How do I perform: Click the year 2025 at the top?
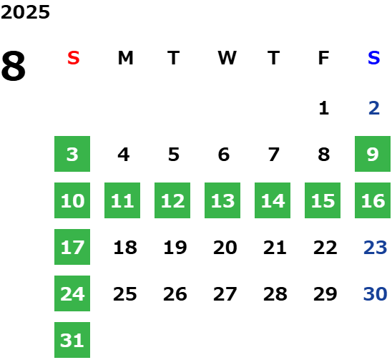[25, 12]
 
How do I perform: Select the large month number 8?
[14, 66]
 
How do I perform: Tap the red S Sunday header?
[74, 58]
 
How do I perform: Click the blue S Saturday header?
[373, 58]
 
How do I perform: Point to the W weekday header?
[227, 58]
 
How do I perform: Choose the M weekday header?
[125, 58]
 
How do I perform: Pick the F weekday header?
[323, 58]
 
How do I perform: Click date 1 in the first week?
[324, 108]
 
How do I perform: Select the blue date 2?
[374, 108]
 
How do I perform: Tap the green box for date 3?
[72, 154]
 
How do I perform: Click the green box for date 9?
[373, 154]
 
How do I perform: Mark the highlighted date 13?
[222, 200]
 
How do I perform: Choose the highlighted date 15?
[323, 200]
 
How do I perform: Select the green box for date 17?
[72, 247]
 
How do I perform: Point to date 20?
[225, 248]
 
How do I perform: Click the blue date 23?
[376, 248]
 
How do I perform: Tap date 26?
[175, 294]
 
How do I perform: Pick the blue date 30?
[376, 294]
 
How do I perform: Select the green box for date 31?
[72, 340]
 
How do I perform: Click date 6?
[224, 155]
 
